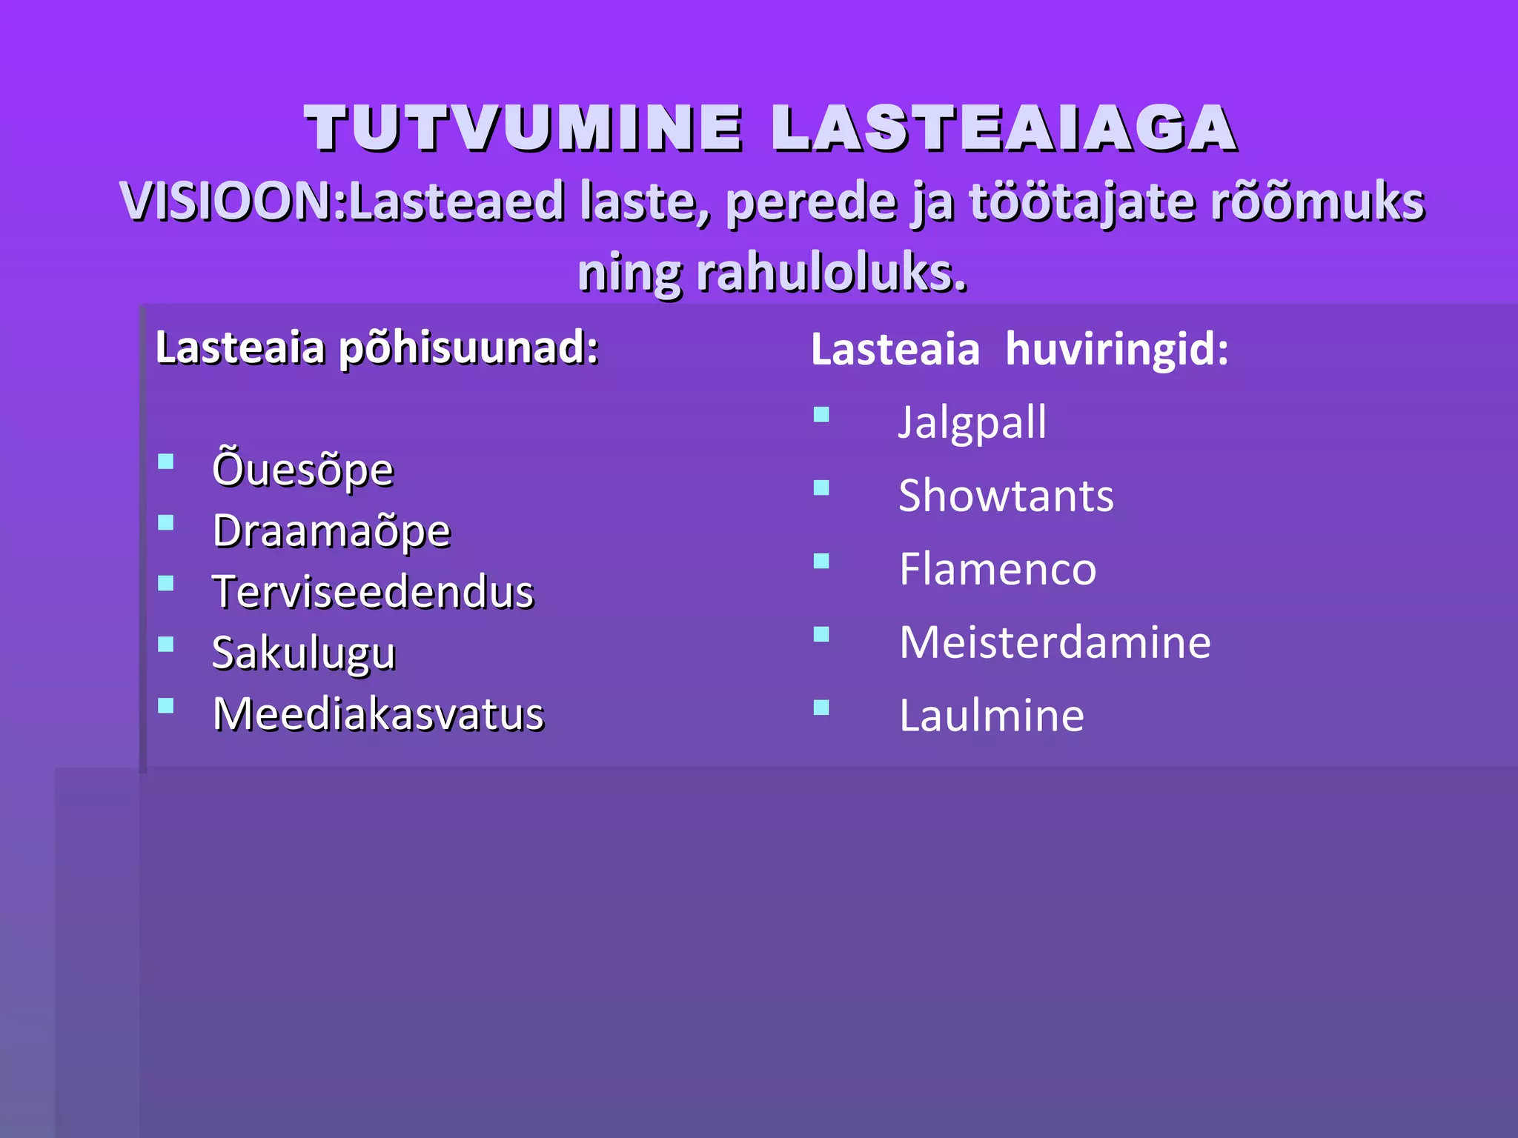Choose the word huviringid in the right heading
pyautogui.click(x=1116, y=349)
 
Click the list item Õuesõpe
pyautogui.click(x=302, y=469)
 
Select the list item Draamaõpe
pyautogui.click(x=331, y=530)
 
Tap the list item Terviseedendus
pyautogui.click(x=373, y=592)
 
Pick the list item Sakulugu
pyautogui.click(x=304, y=653)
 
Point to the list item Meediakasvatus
pyautogui.click(x=378, y=714)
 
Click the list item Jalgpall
pyautogui.click(x=972, y=422)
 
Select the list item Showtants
pyautogui.click(x=1006, y=495)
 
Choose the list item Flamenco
pyautogui.click(x=997, y=568)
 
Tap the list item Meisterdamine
pyautogui.click(x=1055, y=642)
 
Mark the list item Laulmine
pyautogui.click(x=991, y=715)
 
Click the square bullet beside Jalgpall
pyautogui.click(x=821, y=414)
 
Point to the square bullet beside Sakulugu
pyautogui.click(x=166, y=645)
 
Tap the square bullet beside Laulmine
pyautogui.click(x=821, y=708)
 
